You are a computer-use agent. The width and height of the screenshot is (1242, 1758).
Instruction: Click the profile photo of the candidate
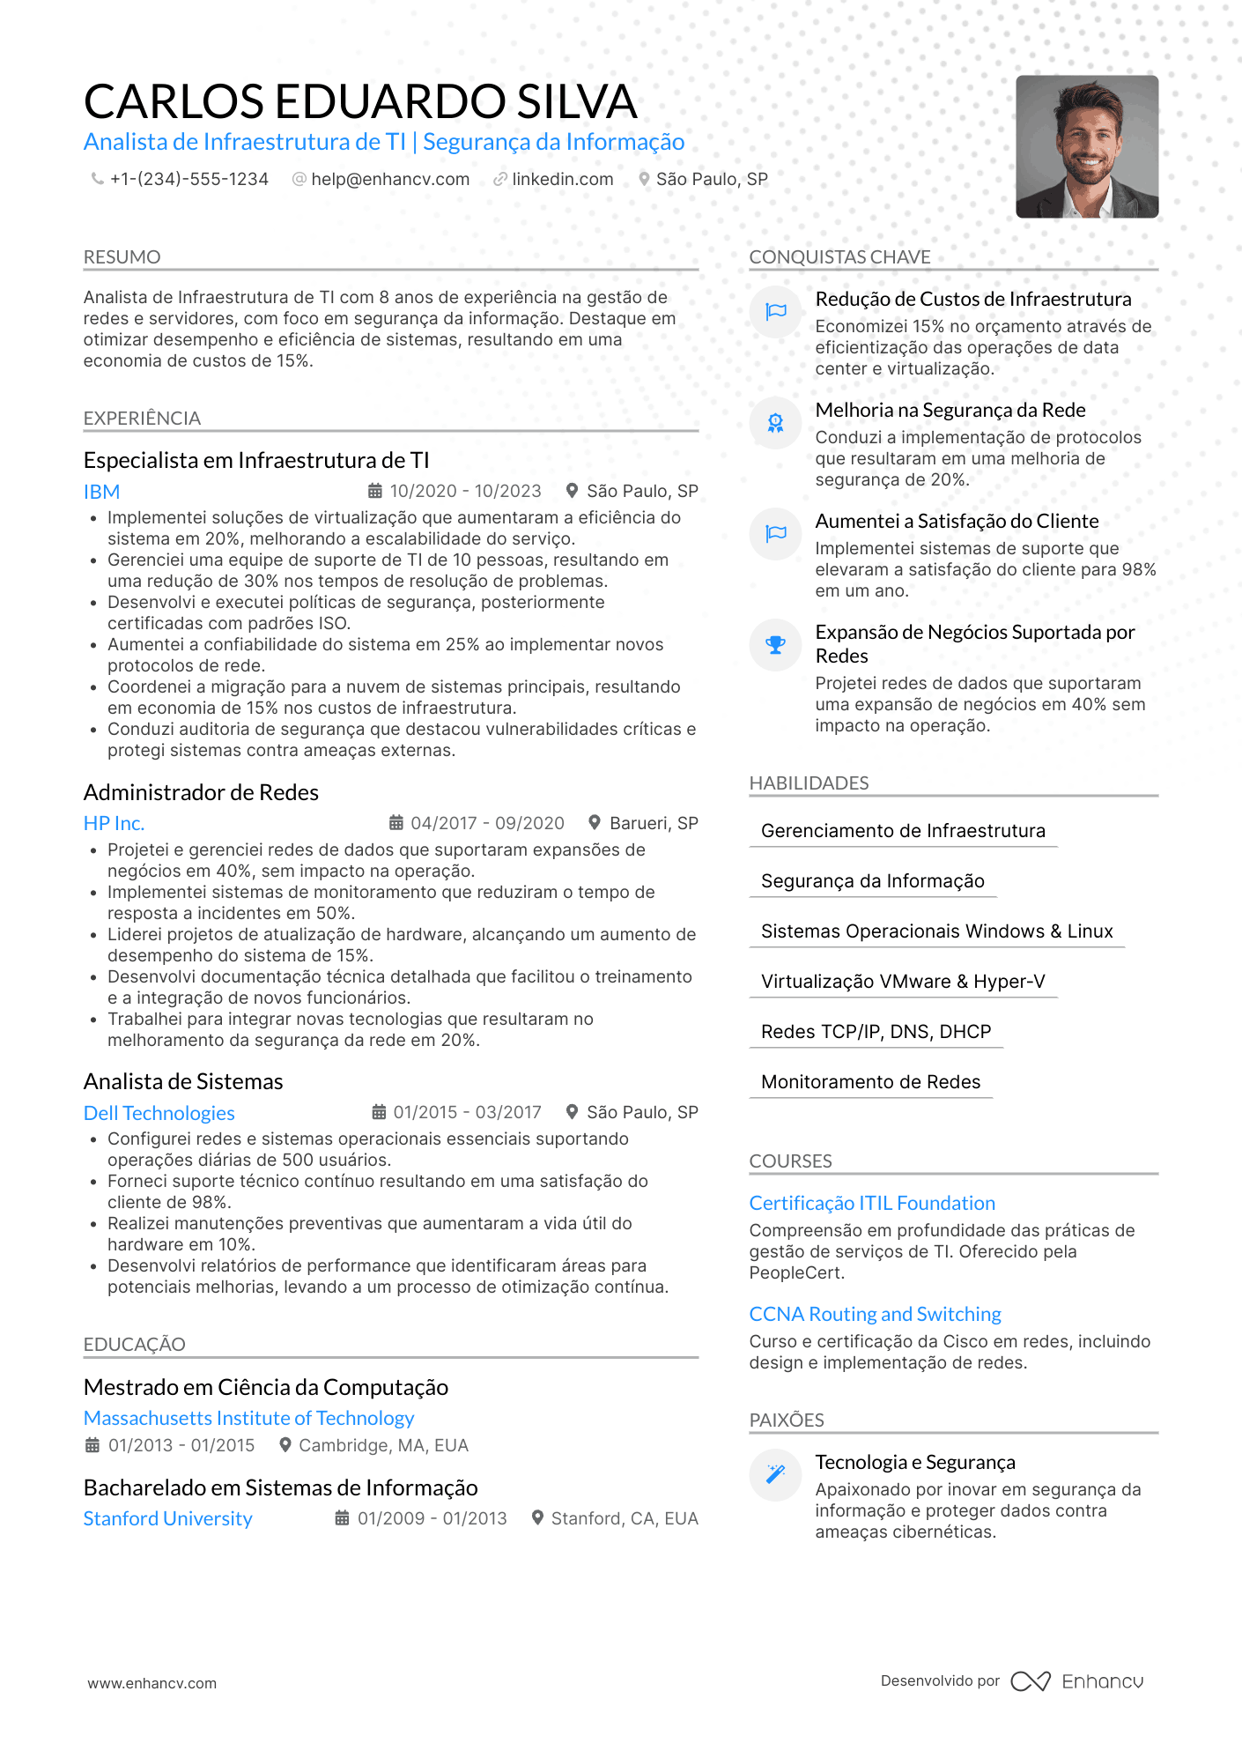pos(1086,146)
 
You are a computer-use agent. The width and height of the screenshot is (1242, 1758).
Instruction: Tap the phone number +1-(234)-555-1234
pos(189,180)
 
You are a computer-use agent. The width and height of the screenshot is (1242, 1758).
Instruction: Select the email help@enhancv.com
pos(389,180)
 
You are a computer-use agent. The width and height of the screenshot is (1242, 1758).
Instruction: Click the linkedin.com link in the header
pos(562,180)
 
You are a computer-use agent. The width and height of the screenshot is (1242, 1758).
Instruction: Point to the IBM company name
pos(101,492)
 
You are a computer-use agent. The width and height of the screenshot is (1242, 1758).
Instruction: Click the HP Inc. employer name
pos(114,823)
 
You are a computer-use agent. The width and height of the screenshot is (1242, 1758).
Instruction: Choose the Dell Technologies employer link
pos(159,1113)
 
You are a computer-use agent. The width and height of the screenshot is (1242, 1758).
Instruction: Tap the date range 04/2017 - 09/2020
pos(487,823)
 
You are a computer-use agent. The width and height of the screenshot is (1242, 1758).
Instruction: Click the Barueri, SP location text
pos(654,823)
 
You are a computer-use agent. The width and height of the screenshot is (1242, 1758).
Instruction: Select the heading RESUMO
pos(122,257)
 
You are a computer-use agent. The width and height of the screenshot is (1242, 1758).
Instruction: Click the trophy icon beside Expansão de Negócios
pos(775,645)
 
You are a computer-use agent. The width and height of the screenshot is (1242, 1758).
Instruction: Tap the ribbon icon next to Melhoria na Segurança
pos(775,423)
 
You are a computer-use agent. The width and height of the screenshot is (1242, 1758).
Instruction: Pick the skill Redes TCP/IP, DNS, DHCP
pos(876,1032)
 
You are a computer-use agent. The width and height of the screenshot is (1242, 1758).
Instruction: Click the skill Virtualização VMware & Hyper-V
pos(903,982)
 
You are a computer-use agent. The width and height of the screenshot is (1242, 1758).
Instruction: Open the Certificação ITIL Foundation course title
pos(872,1204)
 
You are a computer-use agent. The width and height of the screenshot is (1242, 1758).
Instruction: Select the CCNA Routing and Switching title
pos(875,1315)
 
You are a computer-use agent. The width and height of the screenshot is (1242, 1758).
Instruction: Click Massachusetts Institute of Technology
pos(248,1418)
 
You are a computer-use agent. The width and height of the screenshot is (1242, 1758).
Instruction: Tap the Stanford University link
pos(167,1518)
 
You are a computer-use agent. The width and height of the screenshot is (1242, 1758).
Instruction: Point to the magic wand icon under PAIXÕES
pos(775,1473)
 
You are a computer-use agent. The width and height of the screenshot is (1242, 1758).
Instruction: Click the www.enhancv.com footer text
pos(152,1683)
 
